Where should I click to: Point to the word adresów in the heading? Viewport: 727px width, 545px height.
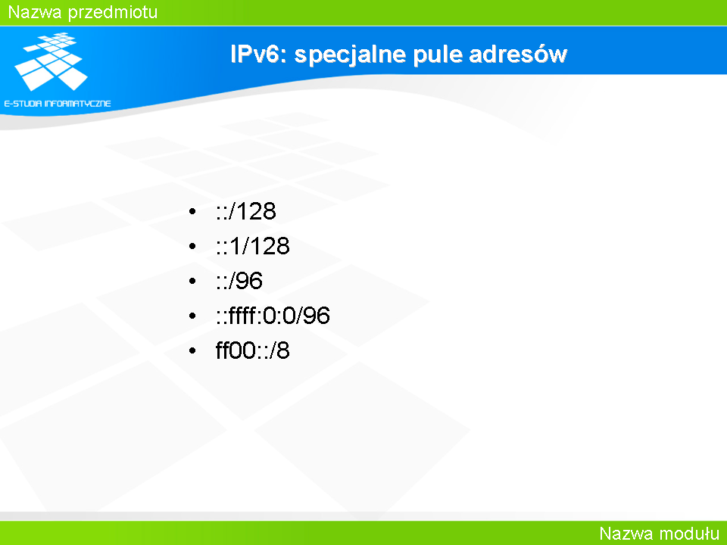(518, 54)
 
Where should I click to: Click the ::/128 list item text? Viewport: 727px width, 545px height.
(245, 211)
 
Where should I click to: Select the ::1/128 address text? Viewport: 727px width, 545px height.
(253, 245)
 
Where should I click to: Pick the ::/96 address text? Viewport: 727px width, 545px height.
(239, 280)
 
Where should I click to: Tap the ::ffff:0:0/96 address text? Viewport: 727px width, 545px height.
(273, 315)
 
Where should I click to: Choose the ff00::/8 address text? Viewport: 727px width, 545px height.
(253, 350)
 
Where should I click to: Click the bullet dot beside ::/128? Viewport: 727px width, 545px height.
(193, 212)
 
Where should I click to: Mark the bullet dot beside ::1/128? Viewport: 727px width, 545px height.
(193, 247)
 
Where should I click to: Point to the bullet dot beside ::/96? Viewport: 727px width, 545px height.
(193, 282)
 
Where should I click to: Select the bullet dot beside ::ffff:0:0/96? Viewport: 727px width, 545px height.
(193, 316)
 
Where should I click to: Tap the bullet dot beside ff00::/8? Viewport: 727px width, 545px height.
(193, 350)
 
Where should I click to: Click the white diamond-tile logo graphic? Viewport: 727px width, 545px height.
(51, 61)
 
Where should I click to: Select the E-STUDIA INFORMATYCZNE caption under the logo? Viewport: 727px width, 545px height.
(58, 104)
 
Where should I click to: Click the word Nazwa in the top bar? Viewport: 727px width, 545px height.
(35, 12)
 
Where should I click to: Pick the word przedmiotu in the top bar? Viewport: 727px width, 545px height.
(113, 13)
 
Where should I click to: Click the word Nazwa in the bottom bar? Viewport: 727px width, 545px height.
(626, 534)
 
